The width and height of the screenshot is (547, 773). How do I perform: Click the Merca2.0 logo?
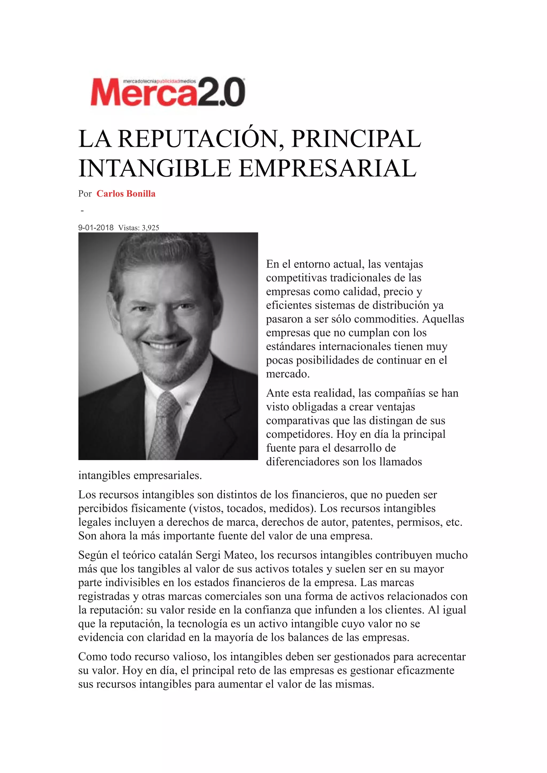coord(167,92)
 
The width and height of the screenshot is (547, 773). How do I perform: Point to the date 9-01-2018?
coord(96,228)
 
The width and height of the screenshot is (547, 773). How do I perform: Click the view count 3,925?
coord(151,228)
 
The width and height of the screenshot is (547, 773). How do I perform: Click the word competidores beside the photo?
coord(299,434)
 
